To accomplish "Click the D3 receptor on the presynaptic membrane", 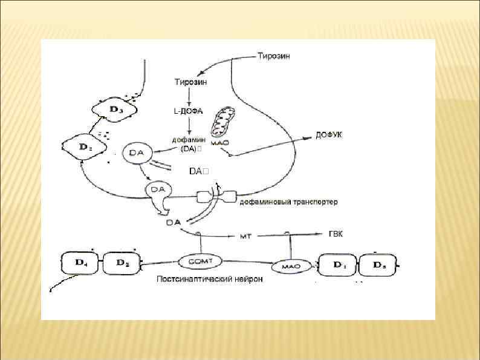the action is click(114, 110).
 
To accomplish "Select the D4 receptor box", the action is click(80, 263).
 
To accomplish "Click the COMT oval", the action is click(200, 261).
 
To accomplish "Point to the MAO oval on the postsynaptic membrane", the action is click(291, 266).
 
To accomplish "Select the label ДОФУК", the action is click(328, 134).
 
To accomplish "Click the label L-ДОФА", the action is click(189, 111).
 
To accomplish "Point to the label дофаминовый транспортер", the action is click(288, 201).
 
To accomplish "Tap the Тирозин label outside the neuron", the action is click(273, 57).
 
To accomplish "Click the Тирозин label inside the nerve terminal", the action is click(190, 82).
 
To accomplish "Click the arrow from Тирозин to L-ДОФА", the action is click(189, 96).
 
